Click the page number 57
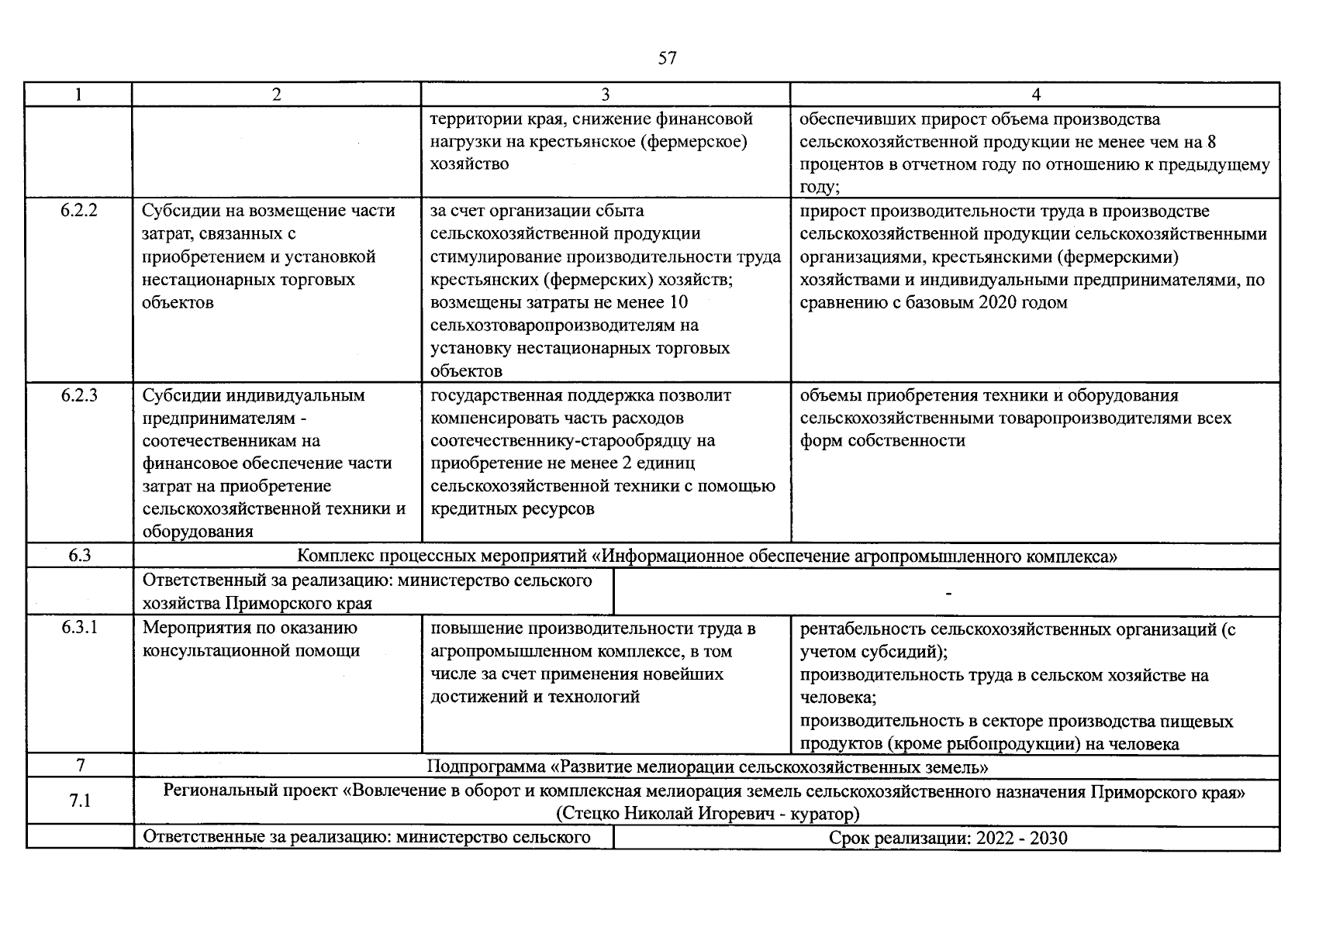point(667,58)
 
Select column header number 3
point(605,95)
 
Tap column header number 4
point(1035,95)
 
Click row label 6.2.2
point(79,211)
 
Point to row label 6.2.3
point(79,395)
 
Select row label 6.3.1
point(79,629)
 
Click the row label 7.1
point(80,801)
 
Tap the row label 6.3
point(79,556)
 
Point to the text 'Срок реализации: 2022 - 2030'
point(948,838)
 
